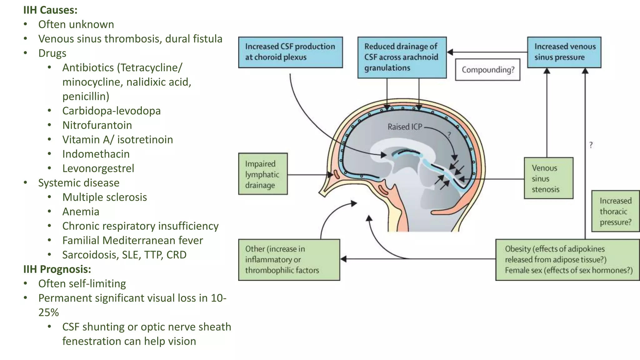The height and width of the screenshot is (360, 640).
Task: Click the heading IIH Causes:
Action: click(50, 10)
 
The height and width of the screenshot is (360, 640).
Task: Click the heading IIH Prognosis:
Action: click(57, 269)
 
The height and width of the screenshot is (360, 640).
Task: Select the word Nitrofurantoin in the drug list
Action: click(97, 125)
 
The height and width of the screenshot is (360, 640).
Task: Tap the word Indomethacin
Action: click(96, 154)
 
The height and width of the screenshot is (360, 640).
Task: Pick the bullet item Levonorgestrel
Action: click(98, 168)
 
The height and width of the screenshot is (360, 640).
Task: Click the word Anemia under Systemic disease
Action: click(81, 212)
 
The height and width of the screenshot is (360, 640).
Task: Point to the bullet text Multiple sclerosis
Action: click(104, 197)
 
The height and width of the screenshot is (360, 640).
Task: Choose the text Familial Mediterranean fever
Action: click(132, 240)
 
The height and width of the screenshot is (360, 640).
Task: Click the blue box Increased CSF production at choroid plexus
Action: click(290, 52)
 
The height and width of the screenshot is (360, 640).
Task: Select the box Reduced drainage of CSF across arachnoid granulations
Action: click(402, 57)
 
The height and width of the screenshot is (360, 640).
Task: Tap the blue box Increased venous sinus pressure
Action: click(564, 52)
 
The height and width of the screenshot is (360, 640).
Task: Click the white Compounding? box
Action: click(487, 70)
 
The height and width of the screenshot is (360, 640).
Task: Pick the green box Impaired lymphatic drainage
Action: click(262, 174)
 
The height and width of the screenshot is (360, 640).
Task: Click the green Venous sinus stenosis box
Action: click(548, 178)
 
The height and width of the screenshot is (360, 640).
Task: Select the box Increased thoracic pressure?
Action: click(615, 211)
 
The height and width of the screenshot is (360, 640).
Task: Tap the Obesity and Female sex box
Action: click(567, 260)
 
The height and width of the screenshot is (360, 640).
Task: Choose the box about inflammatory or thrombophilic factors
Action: click(289, 260)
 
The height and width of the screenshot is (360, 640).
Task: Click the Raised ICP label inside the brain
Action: click(405, 127)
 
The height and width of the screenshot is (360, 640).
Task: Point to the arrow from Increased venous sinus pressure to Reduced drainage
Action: click(487, 52)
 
